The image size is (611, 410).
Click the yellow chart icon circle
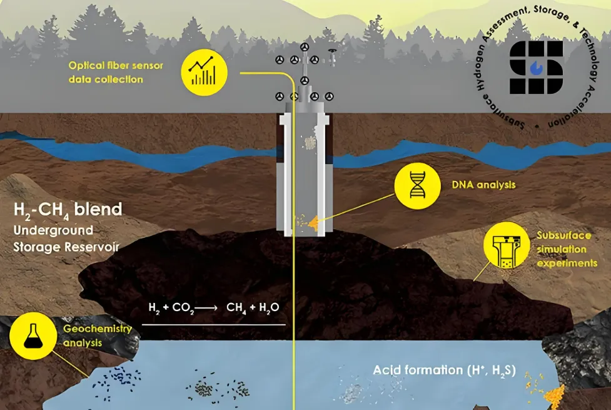[204, 73]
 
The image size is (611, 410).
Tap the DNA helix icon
[417, 186]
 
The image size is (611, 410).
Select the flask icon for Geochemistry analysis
[33, 336]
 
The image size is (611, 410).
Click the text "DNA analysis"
[483, 185]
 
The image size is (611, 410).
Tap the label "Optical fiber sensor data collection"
[116, 72]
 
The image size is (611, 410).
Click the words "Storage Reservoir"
[66, 247]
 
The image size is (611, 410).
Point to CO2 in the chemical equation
[183, 308]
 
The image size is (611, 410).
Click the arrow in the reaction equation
[206, 308]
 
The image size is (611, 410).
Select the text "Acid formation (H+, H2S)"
[444, 371]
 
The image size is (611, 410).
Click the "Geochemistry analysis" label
[98, 336]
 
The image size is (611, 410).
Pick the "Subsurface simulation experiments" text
[567, 249]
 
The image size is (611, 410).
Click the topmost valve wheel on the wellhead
[305, 47]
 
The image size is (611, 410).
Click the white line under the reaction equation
[213, 324]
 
